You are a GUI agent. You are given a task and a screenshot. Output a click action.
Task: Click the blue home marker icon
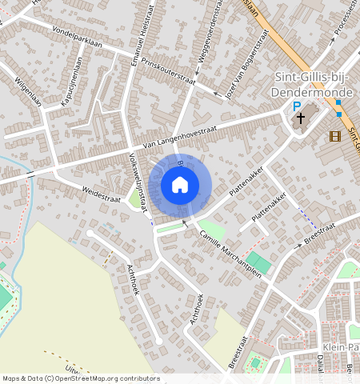(180, 186)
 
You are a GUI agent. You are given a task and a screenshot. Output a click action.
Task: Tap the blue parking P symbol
(296, 106)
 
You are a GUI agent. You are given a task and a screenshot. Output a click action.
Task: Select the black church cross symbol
(302, 119)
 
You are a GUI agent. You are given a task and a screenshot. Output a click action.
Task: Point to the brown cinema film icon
(334, 135)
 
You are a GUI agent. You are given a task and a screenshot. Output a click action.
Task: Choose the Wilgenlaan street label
(28, 91)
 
